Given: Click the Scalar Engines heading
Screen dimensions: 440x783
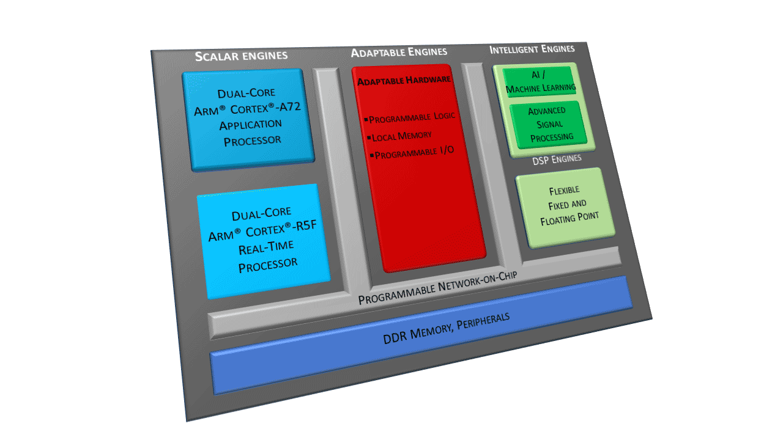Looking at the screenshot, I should (x=241, y=56).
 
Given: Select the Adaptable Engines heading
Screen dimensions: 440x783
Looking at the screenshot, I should (x=399, y=52).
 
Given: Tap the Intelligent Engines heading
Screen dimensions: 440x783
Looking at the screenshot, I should (x=532, y=50).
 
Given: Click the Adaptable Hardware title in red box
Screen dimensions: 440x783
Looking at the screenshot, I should (x=404, y=80).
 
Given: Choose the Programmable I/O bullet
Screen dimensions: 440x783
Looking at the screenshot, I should (x=413, y=153).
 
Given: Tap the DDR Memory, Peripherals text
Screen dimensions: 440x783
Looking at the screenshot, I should (x=446, y=328).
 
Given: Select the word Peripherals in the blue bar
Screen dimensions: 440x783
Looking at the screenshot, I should (x=480, y=320).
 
